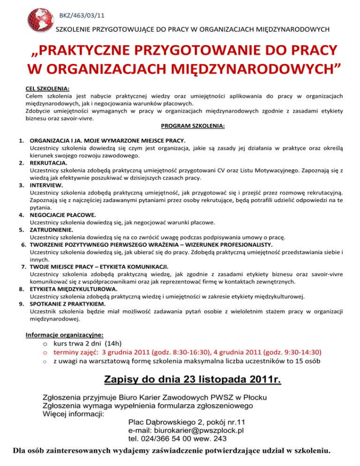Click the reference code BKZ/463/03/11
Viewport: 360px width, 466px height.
pyautogui.click(x=78, y=16)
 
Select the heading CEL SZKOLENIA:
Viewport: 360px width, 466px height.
pyautogui.click(x=47, y=88)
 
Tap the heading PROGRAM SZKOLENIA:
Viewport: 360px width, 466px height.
pyautogui.click(x=193, y=126)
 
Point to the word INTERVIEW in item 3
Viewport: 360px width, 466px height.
pyautogui.click(x=46, y=185)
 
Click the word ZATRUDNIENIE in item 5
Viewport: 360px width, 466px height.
pyautogui.click(x=51, y=230)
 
